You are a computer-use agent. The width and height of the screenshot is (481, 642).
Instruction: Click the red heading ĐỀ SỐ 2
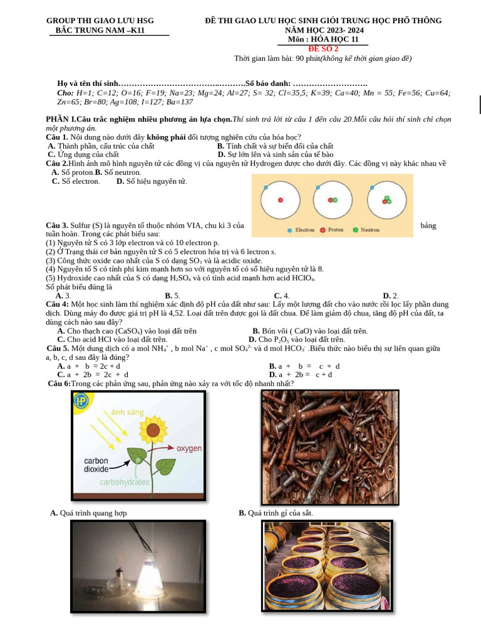pos(323,49)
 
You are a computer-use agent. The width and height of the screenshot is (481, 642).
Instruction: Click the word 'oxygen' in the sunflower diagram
pos(189,449)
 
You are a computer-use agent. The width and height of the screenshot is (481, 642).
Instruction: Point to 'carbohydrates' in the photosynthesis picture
pos(125,482)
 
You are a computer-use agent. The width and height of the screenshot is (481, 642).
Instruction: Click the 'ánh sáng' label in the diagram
pos(127,412)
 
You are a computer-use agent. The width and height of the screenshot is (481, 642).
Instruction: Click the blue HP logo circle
pos(81,401)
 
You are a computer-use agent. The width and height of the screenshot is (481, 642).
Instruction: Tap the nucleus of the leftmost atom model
pos(280,200)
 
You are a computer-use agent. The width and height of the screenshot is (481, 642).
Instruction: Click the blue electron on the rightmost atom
pos(371,187)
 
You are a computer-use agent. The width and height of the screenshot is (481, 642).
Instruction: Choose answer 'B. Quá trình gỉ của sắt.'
pos(276,513)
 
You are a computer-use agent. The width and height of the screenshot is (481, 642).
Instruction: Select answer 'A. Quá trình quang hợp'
pos(88,513)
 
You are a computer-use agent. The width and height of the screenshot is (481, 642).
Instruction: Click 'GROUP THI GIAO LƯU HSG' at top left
pos(100,21)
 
